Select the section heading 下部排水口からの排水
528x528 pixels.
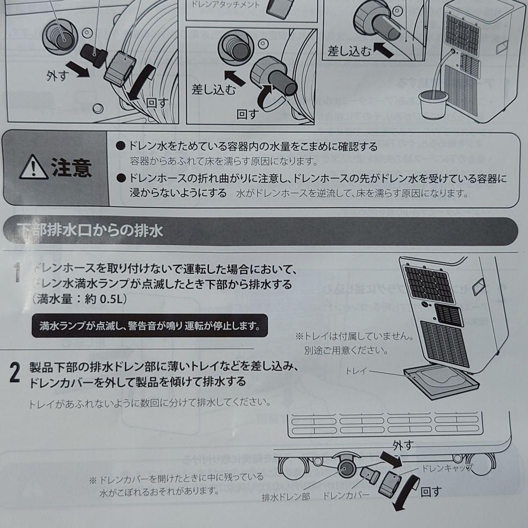[x=90, y=230]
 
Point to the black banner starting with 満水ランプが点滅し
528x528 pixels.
[x=150, y=325]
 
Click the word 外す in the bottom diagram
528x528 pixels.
[x=403, y=445]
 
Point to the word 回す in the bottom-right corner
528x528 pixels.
[x=431, y=491]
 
